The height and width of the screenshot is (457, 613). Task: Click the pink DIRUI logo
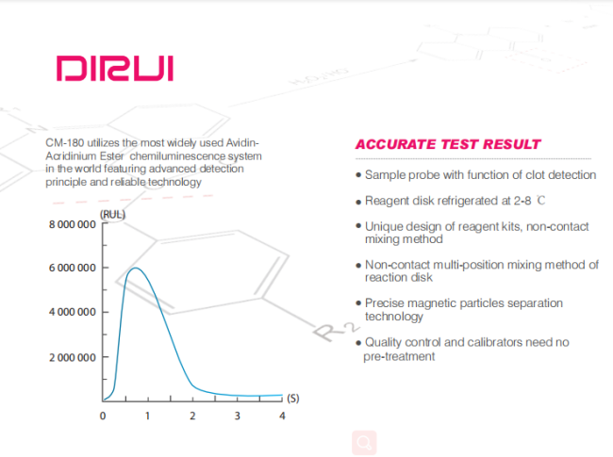[115, 69]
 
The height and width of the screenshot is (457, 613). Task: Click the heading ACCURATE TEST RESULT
[448, 144]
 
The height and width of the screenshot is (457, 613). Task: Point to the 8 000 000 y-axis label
[73, 224]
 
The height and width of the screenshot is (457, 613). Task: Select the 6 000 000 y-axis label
[73, 268]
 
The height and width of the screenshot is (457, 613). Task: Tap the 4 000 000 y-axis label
[73, 312]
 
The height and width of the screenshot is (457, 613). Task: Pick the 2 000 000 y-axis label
[73, 357]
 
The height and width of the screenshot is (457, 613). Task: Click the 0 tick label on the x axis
[103, 416]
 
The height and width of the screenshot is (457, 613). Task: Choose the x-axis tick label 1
[147, 416]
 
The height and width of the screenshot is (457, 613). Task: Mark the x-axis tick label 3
[238, 416]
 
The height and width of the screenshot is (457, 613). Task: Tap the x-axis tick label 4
[282, 416]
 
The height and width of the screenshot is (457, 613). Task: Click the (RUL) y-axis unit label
[112, 215]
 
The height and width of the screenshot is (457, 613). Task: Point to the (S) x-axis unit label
[293, 399]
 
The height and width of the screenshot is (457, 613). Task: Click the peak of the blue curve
[135, 268]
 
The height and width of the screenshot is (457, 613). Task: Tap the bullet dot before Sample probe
[358, 175]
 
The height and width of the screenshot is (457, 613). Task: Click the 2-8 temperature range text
[522, 201]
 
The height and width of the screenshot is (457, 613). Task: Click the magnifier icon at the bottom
[364, 443]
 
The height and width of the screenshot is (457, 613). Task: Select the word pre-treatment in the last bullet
[399, 356]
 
